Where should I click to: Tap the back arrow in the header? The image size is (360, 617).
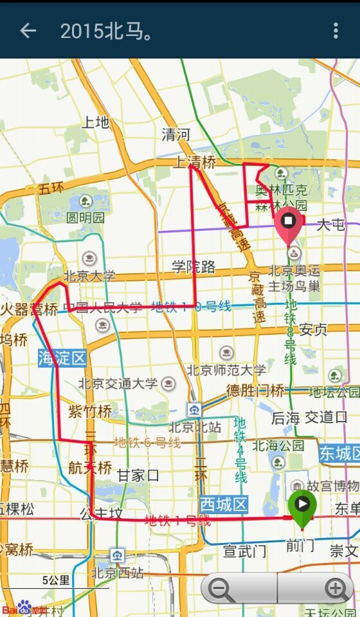28,30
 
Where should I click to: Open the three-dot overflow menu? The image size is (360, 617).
336,30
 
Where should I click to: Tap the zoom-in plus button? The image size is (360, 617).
335,588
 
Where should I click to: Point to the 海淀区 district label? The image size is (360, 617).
62,358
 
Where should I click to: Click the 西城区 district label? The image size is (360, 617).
223,504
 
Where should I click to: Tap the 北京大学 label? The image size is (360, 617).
90,276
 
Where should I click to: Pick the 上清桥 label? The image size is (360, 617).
194,163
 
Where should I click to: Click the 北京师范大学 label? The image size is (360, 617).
226,370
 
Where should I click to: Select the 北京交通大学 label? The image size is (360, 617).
118,384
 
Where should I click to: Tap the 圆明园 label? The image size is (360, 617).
85,217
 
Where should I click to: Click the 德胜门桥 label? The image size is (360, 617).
255,390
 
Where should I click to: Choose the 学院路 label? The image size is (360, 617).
194,267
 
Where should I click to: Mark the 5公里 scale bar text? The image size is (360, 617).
56,580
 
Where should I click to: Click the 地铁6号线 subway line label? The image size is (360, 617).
147,442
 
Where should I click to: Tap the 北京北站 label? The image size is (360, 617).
195,427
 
